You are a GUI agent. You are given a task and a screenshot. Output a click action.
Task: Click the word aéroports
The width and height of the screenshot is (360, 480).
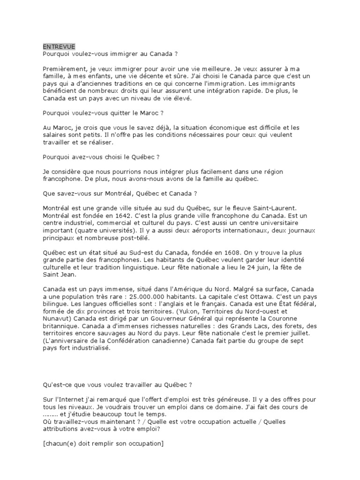[211, 231]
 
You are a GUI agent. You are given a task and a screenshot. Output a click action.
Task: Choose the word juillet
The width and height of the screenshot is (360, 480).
[309, 333]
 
